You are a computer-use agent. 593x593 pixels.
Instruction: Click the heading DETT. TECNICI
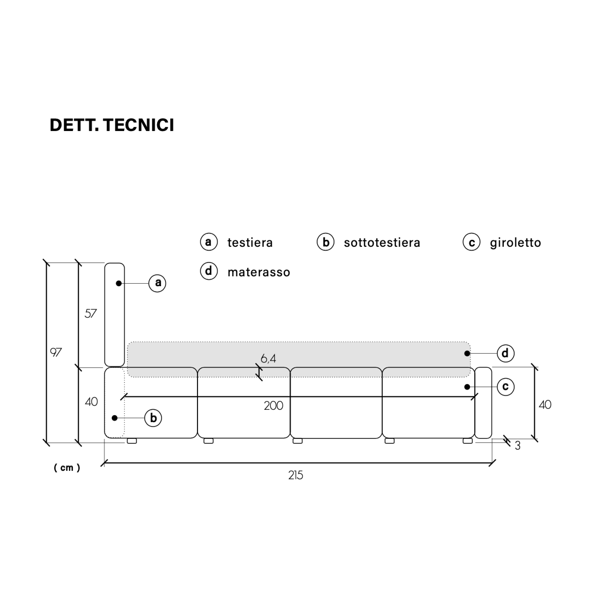point(112,126)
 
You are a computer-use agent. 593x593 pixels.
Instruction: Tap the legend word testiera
point(250,243)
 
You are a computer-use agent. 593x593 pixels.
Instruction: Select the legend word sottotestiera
point(382,243)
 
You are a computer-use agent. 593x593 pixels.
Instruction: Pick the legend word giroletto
point(515,243)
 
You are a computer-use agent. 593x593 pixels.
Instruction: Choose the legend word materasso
point(259,272)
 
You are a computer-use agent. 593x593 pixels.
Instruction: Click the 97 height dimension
point(56,353)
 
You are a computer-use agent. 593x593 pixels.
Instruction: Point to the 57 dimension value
point(91,313)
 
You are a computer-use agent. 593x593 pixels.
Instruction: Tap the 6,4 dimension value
point(268,359)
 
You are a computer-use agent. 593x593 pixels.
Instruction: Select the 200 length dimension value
point(273,405)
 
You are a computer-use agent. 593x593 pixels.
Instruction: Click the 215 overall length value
point(296,475)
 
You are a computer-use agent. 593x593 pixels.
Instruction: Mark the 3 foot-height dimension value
point(518,446)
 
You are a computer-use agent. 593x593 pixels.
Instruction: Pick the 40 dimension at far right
point(545,405)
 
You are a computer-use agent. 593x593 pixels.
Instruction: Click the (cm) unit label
point(67,468)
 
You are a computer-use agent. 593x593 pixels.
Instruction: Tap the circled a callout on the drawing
point(158,283)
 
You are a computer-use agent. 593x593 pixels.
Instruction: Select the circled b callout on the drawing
point(153,418)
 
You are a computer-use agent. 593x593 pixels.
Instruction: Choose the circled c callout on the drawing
point(505,387)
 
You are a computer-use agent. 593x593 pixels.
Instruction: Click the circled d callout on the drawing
point(505,353)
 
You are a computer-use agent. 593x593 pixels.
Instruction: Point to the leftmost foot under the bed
point(132,441)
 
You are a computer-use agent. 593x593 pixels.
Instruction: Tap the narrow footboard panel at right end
point(483,403)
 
